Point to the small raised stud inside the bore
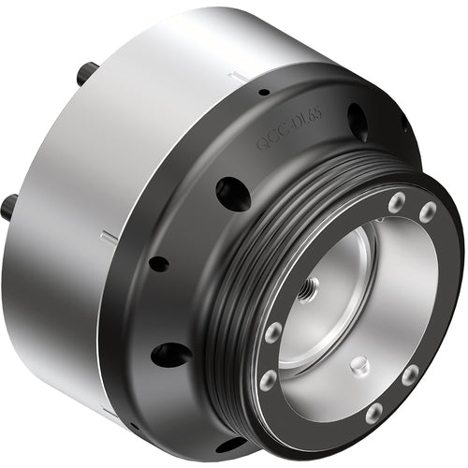click(359, 365)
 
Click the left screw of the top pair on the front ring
click(397, 201)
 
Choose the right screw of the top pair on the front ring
click(427, 212)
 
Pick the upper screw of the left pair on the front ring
click(273, 332)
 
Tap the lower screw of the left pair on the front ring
click(268, 379)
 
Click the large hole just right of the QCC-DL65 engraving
click(358, 121)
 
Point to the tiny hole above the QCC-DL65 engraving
click(265, 92)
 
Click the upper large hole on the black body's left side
click(232, 194)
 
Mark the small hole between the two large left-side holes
click(159, 264)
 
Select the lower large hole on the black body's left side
click(170, 355)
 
